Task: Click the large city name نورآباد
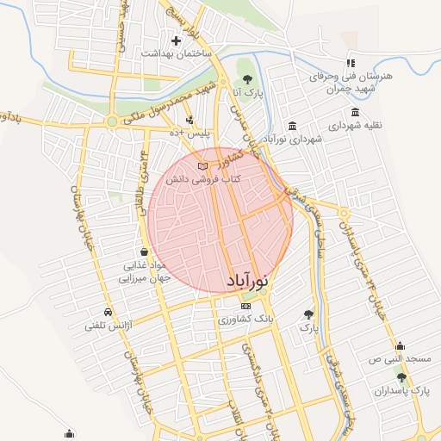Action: click(x=250, y=281)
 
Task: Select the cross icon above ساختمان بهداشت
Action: click(x=177, y=40)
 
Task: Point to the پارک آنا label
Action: click(x=248, y=91)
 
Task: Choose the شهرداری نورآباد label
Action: click(x=292, y=139)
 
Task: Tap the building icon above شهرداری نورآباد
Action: click(x=293, y=126)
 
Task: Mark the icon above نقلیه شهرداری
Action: click(x=356, y=113)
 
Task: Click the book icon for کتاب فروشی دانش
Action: click(x=202, y=165)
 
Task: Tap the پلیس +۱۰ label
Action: click(x=189, y=134)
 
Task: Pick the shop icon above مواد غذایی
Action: click(x=142, y=252)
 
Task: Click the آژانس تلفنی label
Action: click(x=107, y=326)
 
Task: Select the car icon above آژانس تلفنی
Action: click(x=108, y=312)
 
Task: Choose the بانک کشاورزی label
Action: click(x=246, y=320)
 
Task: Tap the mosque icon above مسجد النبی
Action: click(x=400, y=345)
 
